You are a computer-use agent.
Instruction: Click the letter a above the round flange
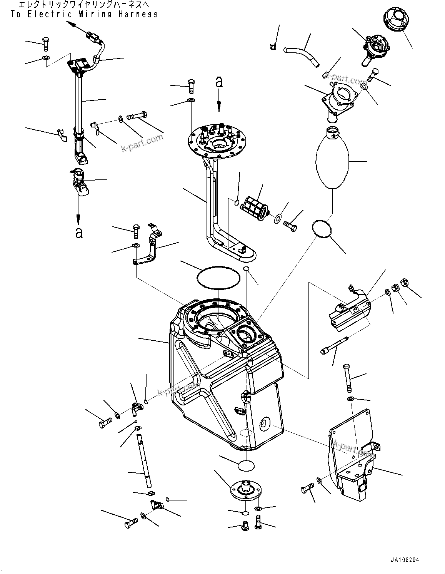(x=219, y=82)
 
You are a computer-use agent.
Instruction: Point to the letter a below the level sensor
(x=78, y=233)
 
